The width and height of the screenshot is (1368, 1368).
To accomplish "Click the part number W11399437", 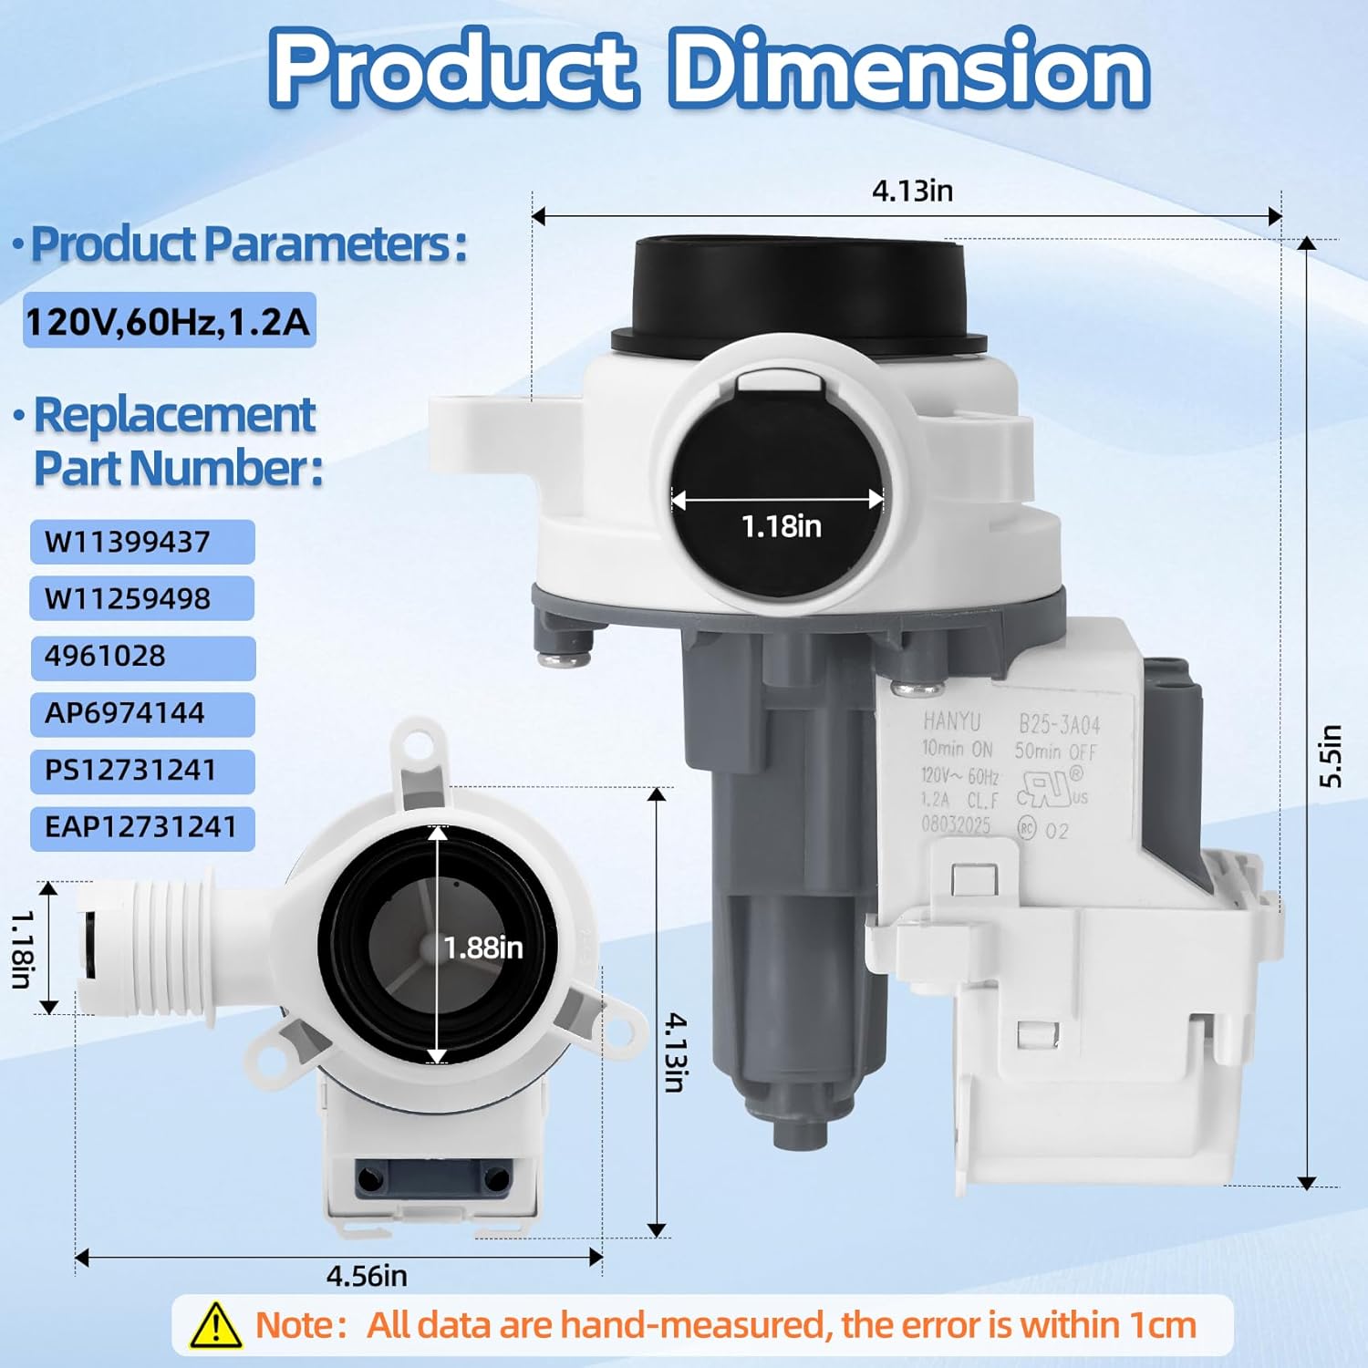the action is pos(128,542).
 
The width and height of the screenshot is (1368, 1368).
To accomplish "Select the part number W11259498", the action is pos(128,599).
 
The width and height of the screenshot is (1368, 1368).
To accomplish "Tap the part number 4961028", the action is pos(105,656).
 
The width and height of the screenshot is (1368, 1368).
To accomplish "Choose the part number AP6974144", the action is pos(125,713).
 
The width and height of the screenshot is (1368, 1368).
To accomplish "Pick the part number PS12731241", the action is pos(130,771).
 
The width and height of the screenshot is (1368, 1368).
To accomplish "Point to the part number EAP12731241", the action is pos(140,827).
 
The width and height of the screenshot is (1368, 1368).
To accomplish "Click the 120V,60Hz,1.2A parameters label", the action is pos(169,321).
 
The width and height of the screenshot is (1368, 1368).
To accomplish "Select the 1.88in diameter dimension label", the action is pos(483,948).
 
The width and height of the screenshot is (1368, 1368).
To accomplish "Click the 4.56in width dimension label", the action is pos(367,1275).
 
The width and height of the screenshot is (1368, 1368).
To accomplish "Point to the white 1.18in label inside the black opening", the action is pos(781,526).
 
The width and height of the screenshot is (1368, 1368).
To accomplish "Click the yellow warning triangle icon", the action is pos(215,1325).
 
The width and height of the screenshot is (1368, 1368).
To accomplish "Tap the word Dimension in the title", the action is pos(909,68).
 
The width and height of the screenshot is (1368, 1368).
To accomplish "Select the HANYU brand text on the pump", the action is pos(951,721).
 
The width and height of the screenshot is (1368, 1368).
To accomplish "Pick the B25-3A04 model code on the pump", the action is pos(1059,725).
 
